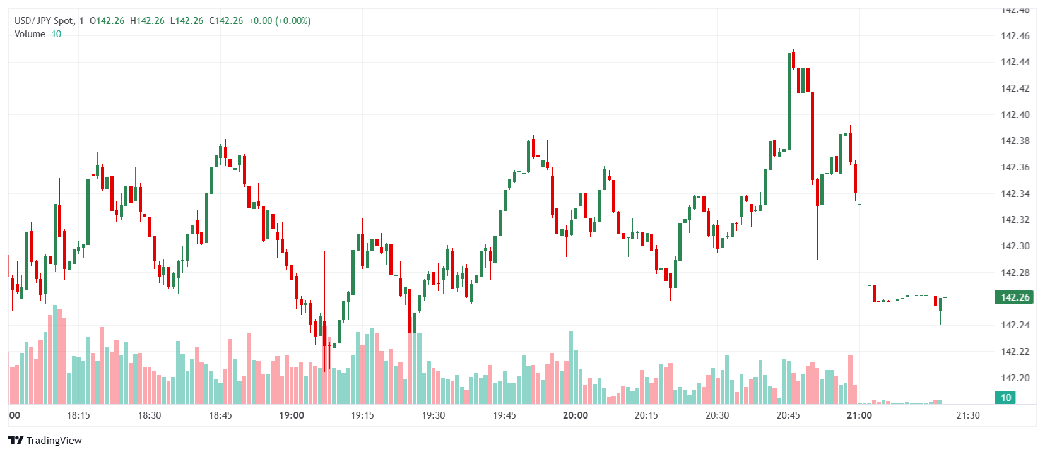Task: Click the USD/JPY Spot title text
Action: point(44,21)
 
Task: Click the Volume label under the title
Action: point(30,34)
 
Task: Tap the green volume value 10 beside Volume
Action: point(56,34)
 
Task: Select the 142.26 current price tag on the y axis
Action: point(1014,297)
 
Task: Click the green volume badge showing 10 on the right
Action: point(1006,398)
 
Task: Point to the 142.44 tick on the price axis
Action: point(1015,62)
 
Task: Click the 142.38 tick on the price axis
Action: point(1015,141)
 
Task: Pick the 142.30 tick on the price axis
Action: point(1015,246)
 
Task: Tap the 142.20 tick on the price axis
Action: point(1015,378)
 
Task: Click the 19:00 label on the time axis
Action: point(292,415)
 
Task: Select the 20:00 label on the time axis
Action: point(576,415)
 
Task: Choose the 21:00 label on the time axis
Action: point(859,415)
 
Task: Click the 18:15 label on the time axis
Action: point(78,415)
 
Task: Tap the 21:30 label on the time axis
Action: point(968,415)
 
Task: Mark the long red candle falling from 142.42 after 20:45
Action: point(813,136)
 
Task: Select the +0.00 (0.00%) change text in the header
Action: point(279,21)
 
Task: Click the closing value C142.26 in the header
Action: point(226,21)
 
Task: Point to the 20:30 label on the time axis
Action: point(717,415)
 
